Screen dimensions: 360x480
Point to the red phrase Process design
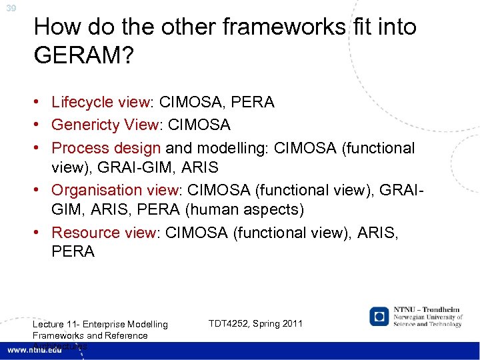pos(106,147)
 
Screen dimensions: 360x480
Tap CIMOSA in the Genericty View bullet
pos(199,125)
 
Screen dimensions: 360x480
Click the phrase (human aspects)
pos(245,210)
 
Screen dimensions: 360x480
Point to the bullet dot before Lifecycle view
pos(41,103)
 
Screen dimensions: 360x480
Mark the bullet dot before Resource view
pos(41,233)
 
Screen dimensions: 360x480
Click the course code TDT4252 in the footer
pos(231,323)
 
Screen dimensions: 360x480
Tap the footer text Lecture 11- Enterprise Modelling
pos(100,325)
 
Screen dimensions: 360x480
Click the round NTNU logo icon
pos(380,315)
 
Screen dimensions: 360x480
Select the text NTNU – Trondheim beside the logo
pos(427,310)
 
